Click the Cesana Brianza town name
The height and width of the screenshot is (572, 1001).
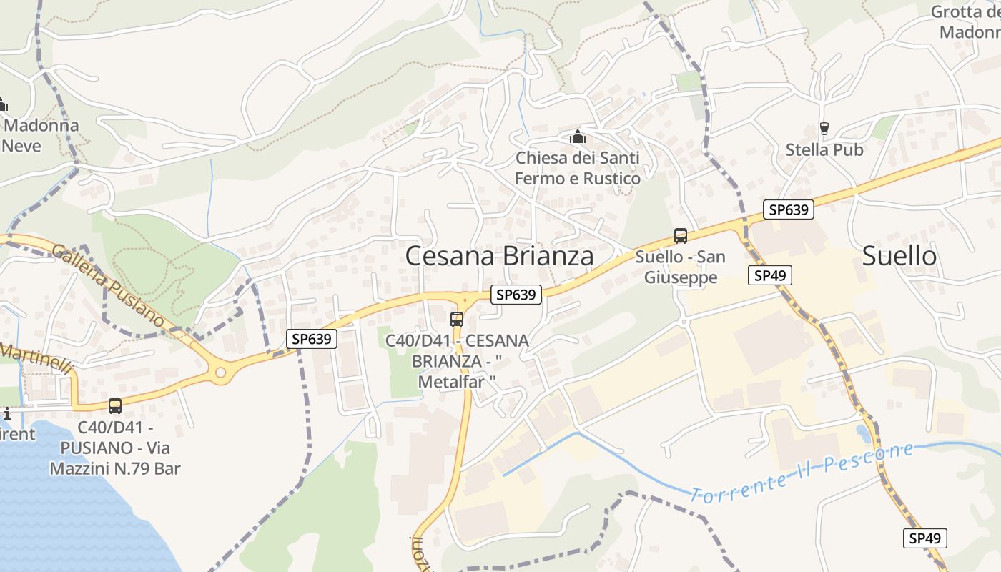[499, 256]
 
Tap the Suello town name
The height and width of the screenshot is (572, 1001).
[899, 255]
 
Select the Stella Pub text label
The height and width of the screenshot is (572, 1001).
[824, 150]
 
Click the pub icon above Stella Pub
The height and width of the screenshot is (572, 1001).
[824, 129]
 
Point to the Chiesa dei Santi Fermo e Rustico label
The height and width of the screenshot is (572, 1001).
[577, 168]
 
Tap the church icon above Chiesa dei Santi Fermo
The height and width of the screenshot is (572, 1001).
[577, 136]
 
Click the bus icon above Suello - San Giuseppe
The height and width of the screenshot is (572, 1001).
[681, 236]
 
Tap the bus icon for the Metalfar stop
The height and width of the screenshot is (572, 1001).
[457, 320]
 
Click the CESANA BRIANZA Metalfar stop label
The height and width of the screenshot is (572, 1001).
[457, 361]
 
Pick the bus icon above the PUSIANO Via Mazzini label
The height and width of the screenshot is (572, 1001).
[115, 406]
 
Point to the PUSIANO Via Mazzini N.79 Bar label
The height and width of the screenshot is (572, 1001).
[115, 448]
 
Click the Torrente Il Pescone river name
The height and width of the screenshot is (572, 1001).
[802, 472]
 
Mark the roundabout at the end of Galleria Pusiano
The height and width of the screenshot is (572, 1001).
[220, 372]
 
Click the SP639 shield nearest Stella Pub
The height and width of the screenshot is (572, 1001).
[789, 209]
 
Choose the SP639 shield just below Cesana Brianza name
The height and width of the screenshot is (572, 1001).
[516, 294]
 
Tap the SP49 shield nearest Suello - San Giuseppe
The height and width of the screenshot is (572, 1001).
[770, 275]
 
